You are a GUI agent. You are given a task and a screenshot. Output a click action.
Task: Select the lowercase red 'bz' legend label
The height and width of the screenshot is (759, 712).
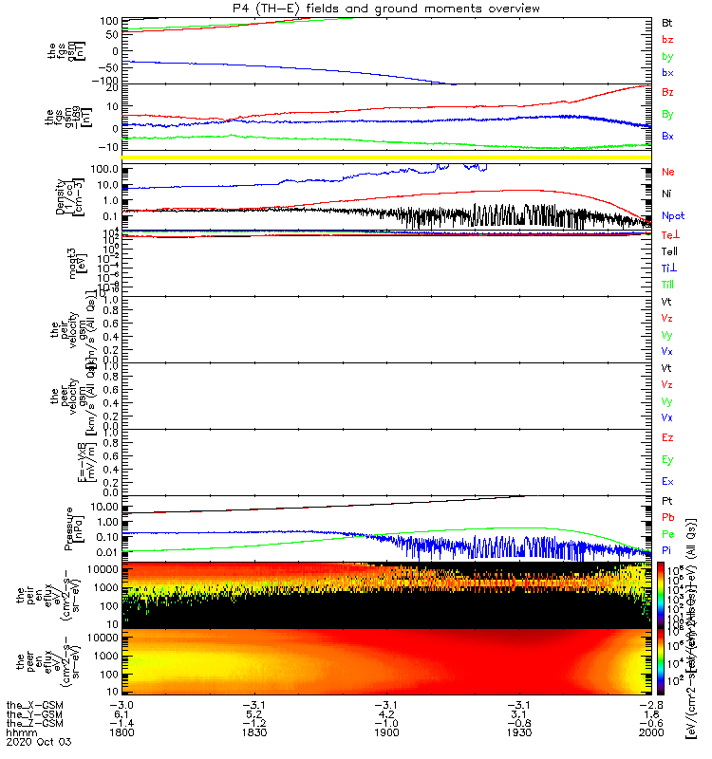[667, 39]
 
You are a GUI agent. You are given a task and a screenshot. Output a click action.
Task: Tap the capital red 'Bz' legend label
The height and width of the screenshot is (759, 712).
[667, 92]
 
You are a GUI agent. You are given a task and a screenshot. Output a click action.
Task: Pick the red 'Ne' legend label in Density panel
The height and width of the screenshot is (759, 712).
[667, 172]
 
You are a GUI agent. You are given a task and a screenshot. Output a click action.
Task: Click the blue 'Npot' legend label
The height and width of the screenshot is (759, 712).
[673, 215]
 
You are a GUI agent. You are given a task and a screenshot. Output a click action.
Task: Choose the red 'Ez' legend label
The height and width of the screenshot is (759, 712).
[667, 438]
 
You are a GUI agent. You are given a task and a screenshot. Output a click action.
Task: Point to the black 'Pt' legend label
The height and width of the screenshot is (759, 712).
[666, 499]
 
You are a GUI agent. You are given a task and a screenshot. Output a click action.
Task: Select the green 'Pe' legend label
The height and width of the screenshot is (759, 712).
[667, 534]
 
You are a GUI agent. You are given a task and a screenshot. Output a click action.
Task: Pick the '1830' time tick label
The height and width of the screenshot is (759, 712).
[253, 734]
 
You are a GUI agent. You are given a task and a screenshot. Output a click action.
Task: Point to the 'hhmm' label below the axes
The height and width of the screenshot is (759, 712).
[21, 734]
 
